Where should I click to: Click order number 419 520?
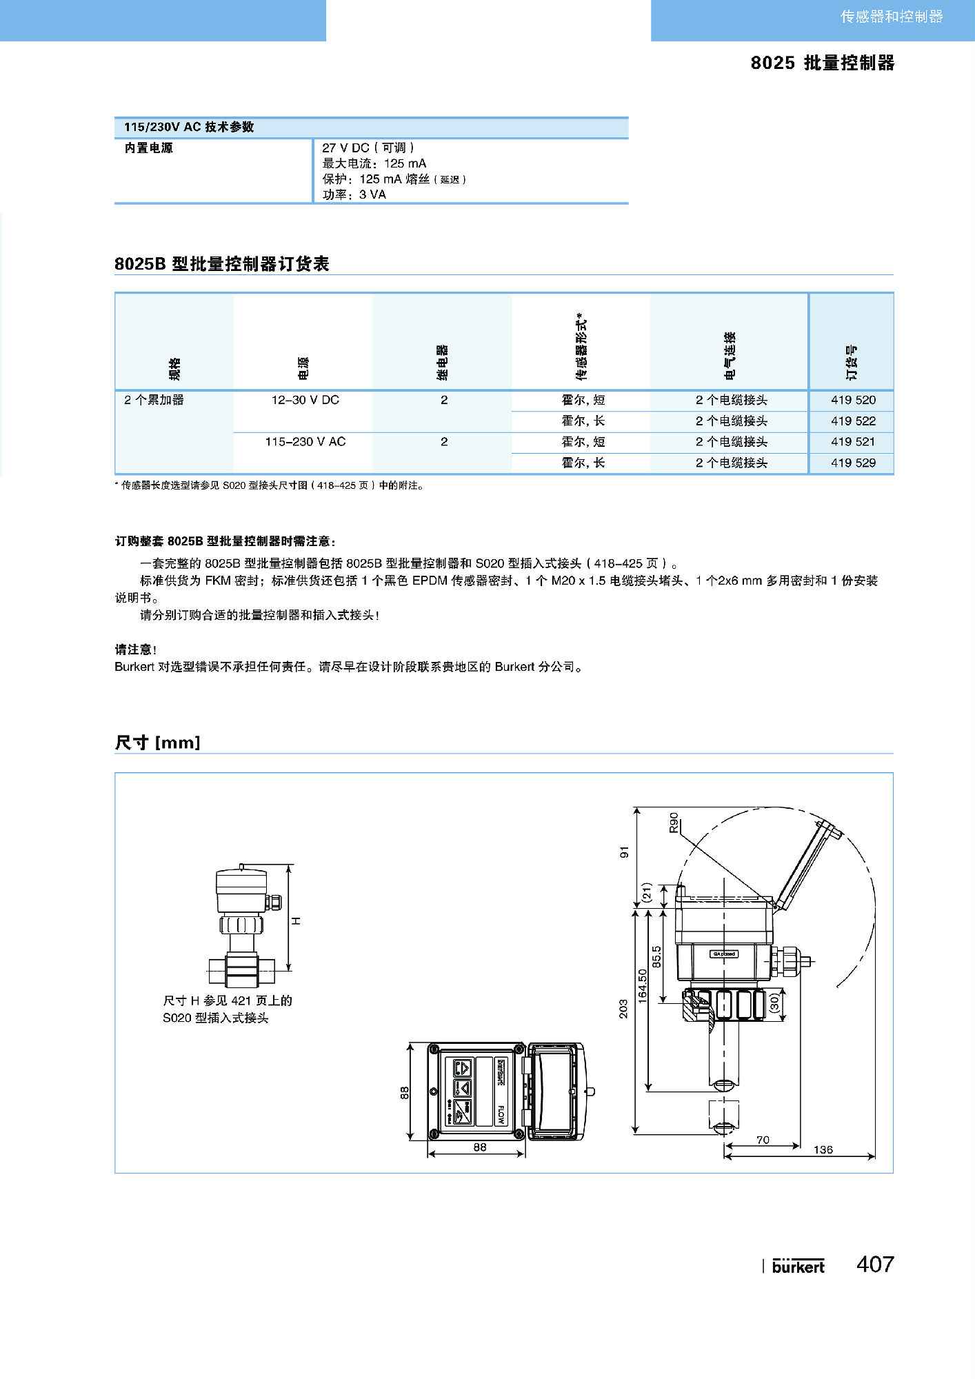[x=853, y=400]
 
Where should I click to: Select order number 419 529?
[x=853, y=463]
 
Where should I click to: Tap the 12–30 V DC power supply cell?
[x=305, y=400]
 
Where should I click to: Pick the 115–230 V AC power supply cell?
[x=305, y=441]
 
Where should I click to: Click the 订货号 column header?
[x=852, y=363]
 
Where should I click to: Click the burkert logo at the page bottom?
[x=798, y=1266]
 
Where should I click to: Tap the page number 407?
[x=875, y=1264]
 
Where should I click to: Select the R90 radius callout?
[x=674, y=822]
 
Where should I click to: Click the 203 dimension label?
[x=623, y=1009]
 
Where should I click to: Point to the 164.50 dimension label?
[x=643, y=985]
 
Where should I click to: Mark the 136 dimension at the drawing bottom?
[x=823, y=1149]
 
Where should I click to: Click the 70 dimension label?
[x=763, y=1140]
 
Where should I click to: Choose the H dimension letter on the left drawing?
[x=296, y=920]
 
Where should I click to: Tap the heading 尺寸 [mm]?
[x=157, y=743]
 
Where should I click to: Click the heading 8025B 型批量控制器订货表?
[x=221, y=264]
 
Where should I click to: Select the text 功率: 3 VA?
[x=354, y=194]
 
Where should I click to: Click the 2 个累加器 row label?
[x=154, y=400]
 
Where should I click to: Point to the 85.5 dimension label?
[x=656, y=956]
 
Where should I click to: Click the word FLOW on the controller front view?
[x=501, y=1114]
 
